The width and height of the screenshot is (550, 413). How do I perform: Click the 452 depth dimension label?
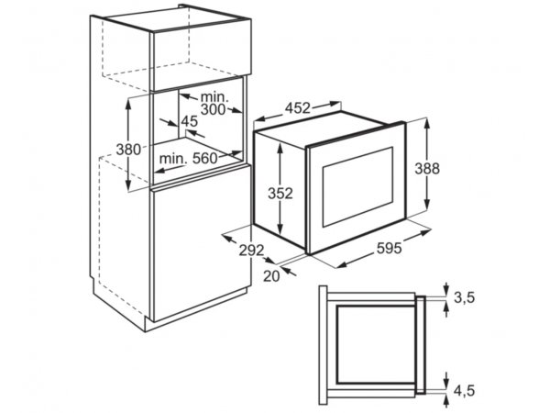coord(297,107)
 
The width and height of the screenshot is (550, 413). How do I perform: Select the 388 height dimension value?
coord(427,169)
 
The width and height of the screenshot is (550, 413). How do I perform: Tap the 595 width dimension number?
coord(389,249)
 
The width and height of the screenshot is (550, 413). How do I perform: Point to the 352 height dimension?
coord(280,193)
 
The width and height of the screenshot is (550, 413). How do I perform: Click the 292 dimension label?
coord(251,251)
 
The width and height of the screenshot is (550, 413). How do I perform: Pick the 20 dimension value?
coord(271,276)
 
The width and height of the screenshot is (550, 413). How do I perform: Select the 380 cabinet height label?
coord(128,150)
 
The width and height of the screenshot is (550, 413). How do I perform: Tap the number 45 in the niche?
coord(190,121)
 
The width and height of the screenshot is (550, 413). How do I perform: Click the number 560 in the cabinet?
coord(205,159)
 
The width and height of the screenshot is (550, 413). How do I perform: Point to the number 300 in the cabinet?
coord(214,109)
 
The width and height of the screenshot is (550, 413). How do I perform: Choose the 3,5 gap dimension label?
coord(464,297)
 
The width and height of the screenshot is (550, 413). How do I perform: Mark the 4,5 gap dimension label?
coord(464,391)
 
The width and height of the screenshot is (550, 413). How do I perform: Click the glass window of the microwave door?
coord(357,186)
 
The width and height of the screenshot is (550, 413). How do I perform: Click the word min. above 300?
coord(214,96)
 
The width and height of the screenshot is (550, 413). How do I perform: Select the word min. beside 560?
coord(173,159)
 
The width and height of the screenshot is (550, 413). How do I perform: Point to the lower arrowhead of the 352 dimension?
coord(280,230)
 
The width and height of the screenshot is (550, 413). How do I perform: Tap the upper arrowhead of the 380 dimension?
coord(128,103)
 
